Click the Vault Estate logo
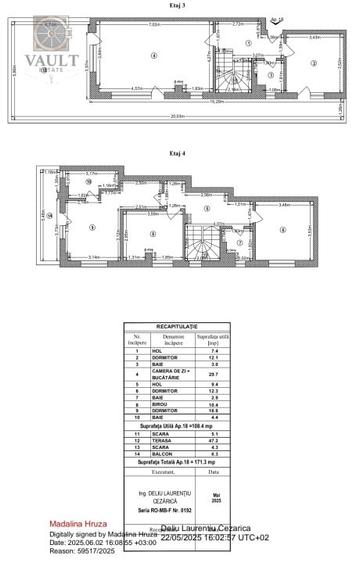click(49, 45)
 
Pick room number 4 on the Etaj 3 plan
click(153, 57)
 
